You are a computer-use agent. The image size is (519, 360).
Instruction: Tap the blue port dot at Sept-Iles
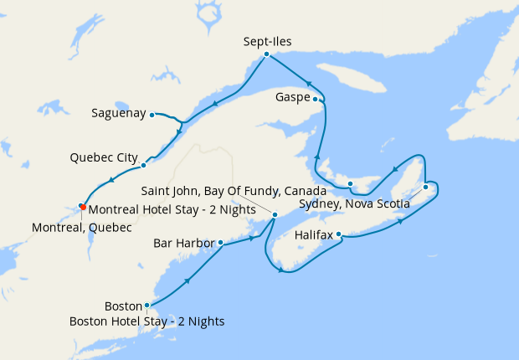[266, 54]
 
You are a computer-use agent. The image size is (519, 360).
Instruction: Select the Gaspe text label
[292, 98]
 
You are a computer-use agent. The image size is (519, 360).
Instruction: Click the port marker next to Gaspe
[316, 98]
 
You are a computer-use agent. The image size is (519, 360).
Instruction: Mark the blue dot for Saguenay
[152, 115]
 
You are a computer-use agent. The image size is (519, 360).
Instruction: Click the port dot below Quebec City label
[143, 165]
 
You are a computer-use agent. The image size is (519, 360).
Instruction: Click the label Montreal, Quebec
[81, 227]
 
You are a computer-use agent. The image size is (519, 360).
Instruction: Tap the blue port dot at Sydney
[426, 187]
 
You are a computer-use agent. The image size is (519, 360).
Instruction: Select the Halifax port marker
[338, 234]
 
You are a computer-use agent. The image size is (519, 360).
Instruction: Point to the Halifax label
[314, 235]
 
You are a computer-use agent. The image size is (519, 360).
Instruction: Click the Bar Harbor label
[184, 244]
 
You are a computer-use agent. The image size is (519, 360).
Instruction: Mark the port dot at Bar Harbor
[220, 243]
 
